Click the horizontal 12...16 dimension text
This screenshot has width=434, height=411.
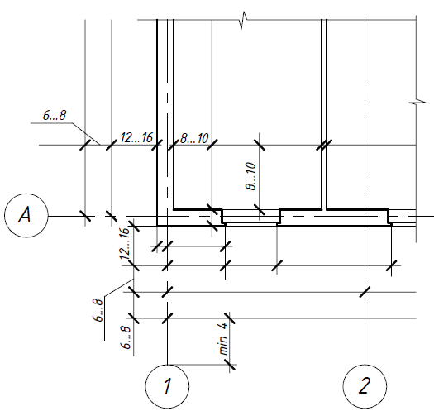pos(136,137)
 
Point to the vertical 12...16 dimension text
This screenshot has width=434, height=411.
pos(124,243)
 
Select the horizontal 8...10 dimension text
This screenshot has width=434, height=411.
pos(194,138)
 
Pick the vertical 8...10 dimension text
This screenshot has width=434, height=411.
pos(250,176)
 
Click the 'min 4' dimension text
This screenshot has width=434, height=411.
pos(223,339)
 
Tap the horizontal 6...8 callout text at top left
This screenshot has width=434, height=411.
pos(55,115)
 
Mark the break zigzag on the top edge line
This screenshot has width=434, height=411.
pos(244,20)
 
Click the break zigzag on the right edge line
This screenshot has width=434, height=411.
pos(417,103)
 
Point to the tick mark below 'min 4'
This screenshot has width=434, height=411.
pos(230,365)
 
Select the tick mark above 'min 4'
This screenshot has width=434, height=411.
pos(230,318)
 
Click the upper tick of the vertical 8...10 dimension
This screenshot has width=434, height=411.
pos(260,145)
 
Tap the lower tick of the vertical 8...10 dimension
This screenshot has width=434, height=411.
pos(260,209)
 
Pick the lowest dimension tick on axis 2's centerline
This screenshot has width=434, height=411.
pos(365,292)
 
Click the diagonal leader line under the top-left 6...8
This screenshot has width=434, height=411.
pos(86,134)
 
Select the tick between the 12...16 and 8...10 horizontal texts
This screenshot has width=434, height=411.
pos(157,145)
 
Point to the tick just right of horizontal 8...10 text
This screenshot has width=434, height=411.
pos(212,145)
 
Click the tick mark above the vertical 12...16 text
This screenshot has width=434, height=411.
pos(134,226)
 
